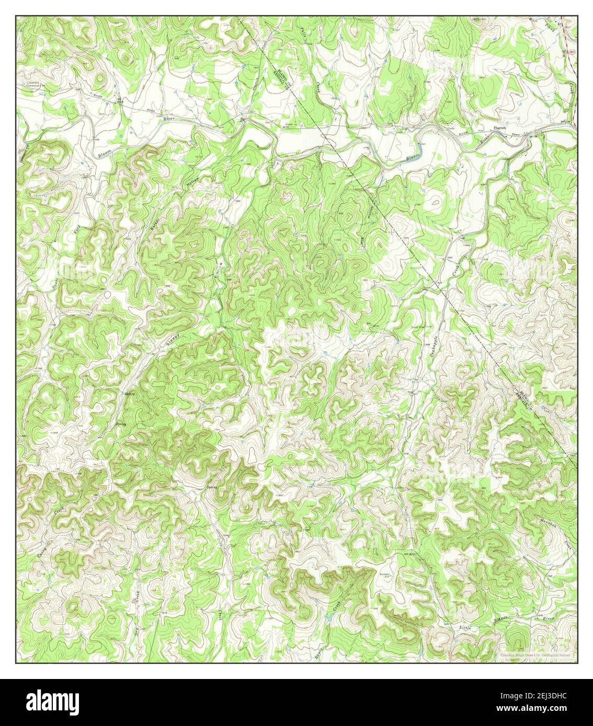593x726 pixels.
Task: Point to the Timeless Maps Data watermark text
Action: point(534,654)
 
